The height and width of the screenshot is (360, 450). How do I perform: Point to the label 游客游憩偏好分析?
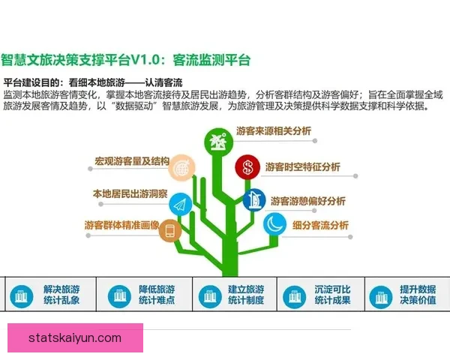click(307, 201)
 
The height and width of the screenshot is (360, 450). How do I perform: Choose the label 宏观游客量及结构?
click(132, 161)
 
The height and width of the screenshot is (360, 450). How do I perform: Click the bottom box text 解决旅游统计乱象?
click(61, 295)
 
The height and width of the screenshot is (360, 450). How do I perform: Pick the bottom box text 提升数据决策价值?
click(418, 295)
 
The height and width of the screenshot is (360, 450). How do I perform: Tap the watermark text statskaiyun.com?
click(75, 338)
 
